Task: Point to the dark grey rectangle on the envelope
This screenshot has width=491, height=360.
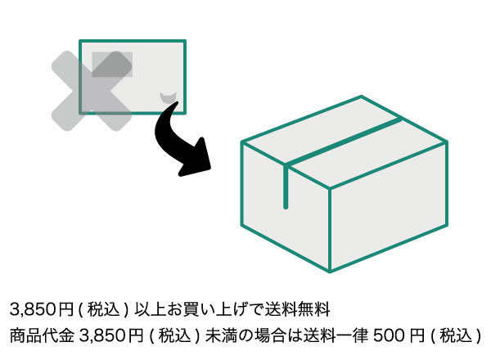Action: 112,64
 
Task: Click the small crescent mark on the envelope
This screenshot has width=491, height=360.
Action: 169,97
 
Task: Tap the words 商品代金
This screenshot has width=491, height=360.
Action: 41,335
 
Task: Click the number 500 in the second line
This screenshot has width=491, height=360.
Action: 389,335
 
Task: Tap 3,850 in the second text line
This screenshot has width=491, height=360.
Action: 104,335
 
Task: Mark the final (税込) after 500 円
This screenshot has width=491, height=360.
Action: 455,335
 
